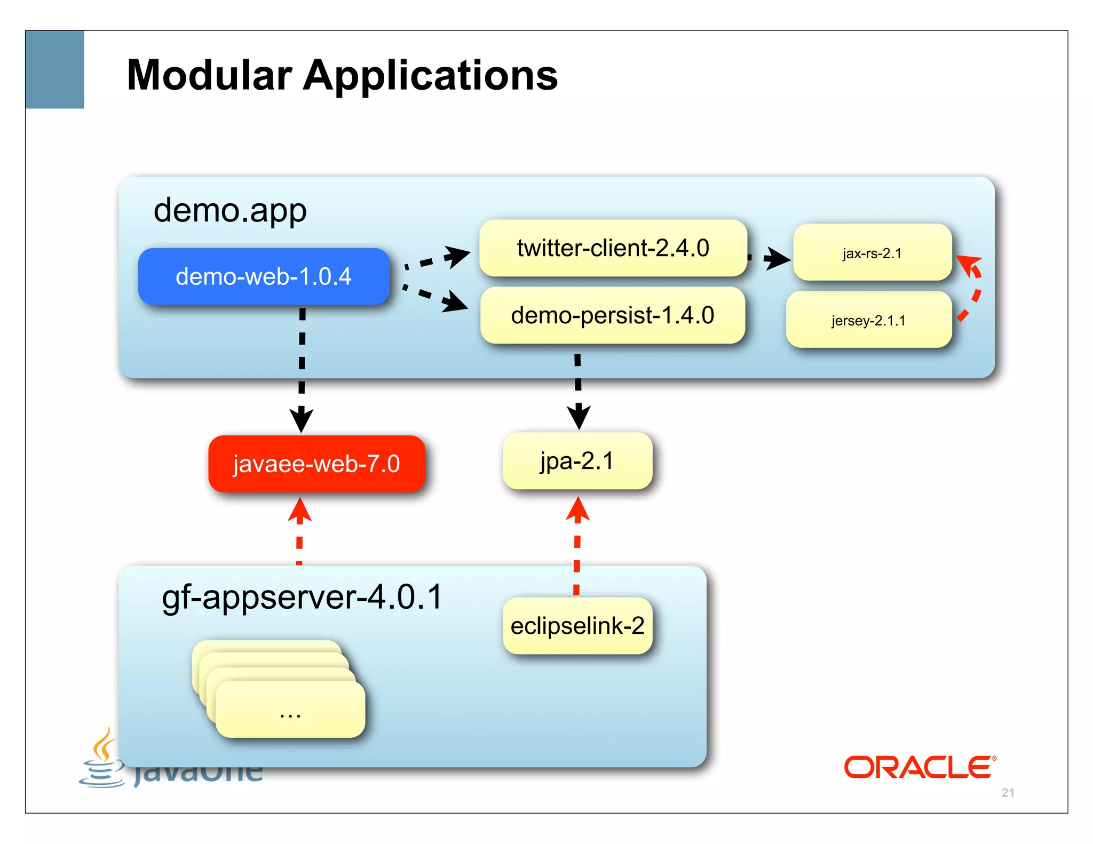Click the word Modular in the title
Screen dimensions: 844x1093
[209, 76]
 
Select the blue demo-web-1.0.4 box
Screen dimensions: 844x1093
[264, 276]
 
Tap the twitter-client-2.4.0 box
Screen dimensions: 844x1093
[613, 248]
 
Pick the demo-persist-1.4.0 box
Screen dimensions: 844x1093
[612, 315]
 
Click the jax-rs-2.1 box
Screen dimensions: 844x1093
[872, 253]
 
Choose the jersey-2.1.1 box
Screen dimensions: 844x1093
[868, 320]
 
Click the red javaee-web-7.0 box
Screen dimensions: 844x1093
[316, 464]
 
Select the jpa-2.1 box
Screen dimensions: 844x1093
[577, 461]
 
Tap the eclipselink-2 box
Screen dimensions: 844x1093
[577, 626]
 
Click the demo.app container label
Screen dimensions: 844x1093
[230, 210]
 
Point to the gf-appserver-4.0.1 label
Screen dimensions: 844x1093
[302, 596]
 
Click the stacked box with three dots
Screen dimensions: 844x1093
[290, 710]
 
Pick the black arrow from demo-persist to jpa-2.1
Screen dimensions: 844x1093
[578, 389]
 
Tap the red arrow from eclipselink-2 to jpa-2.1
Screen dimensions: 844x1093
[577, 544]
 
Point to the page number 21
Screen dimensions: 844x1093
[1008, 793]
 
